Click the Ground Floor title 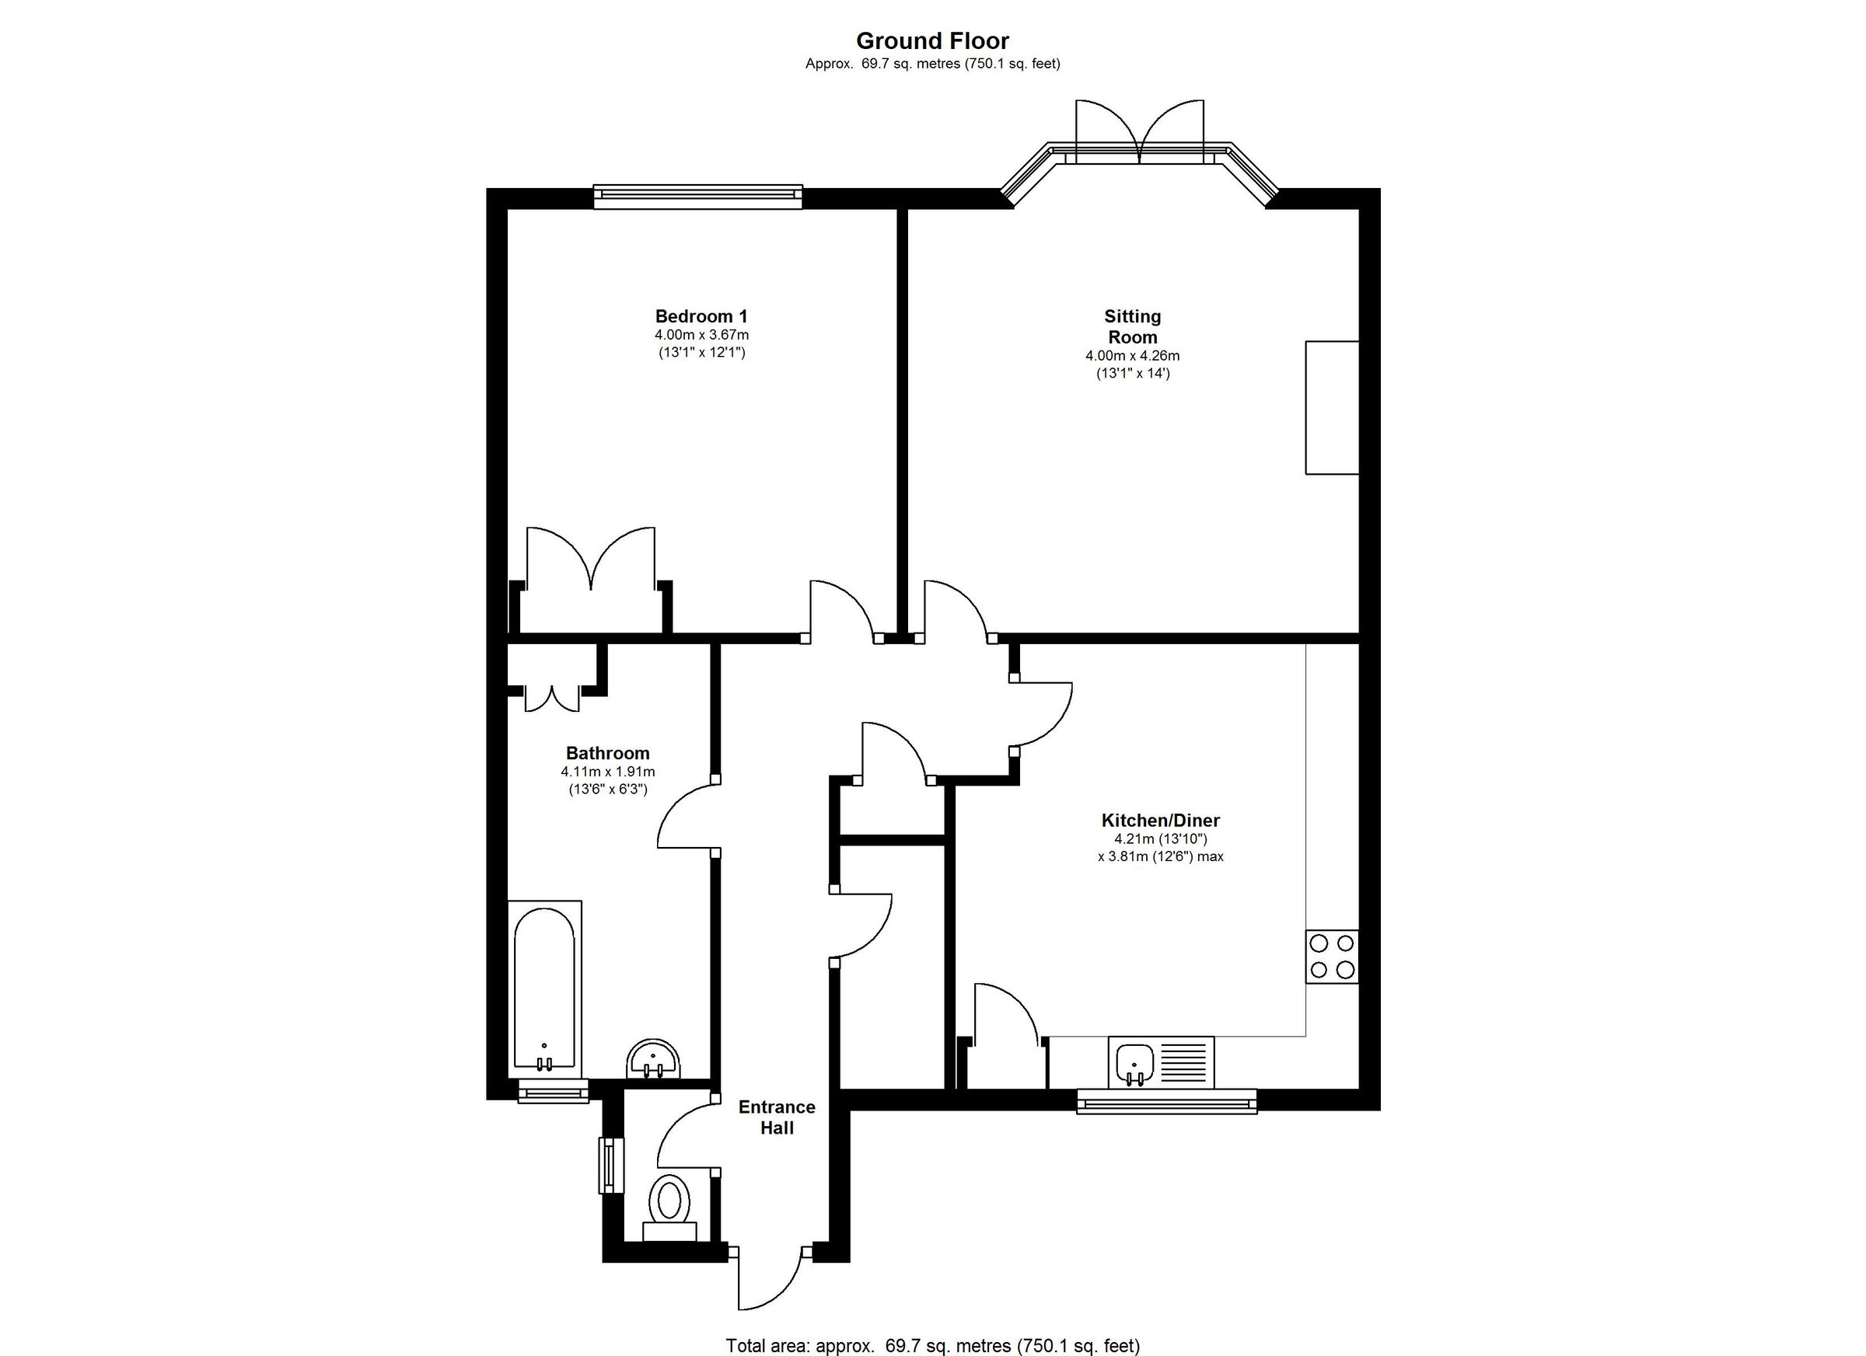tap(932, 41)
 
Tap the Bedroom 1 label tap(701, 316)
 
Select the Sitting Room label tap(1132, 326)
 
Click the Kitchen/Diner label tap(1160, 820)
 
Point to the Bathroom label tap(607, 753)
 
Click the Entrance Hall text tap(777, 1117)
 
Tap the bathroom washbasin tap(653, 1059)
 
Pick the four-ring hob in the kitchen tap(1332, 957)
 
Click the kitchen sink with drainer tap(1161, 1061)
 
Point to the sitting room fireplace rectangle tap(1331, 408)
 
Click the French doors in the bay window tap(1140, 131)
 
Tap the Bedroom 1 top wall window tap(697, 194)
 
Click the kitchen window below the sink tap(1167, 1102)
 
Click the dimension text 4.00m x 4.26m tap(1132, 356)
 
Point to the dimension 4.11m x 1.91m tap(607, 772)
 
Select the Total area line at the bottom tap(932, 1346)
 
